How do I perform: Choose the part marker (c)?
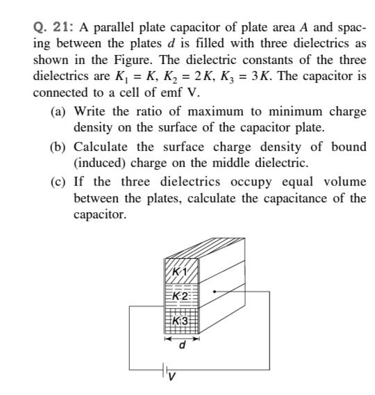[x=58, y=182]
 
